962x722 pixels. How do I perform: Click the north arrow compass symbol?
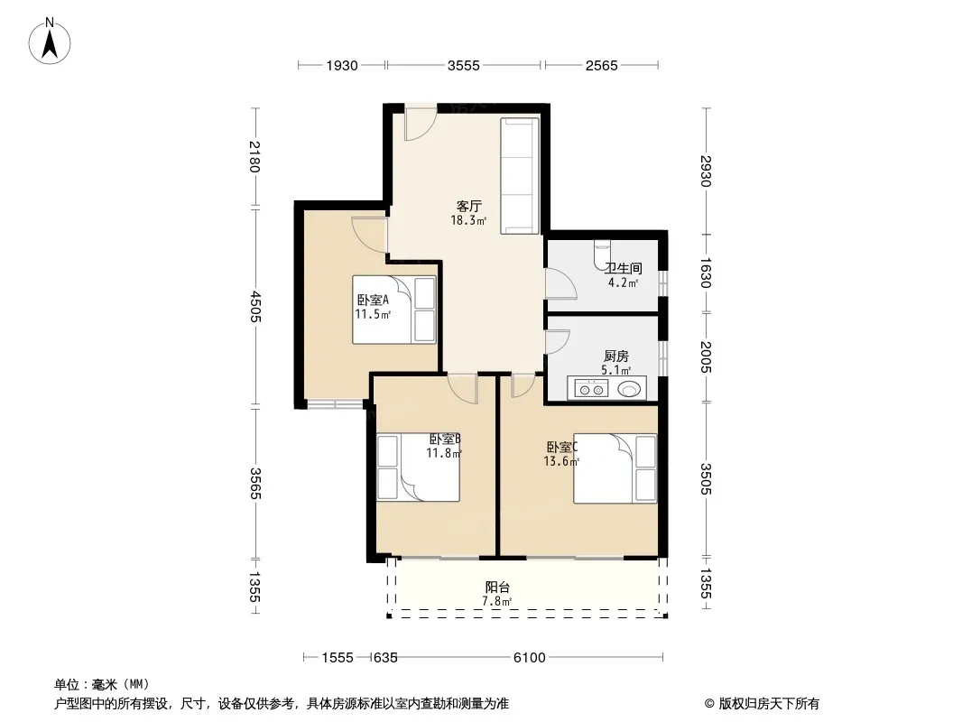tap(50, 42)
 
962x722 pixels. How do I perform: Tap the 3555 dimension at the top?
tap(463, 66)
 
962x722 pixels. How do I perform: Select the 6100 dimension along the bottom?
tap(529, 658)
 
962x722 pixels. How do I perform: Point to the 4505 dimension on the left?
tap(255, 307)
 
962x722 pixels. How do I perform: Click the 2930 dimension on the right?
tap(706, 171)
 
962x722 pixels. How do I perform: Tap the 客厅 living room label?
tap(468, 206)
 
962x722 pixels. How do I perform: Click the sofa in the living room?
tap(520, 176)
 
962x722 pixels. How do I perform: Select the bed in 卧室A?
tap(393, 310)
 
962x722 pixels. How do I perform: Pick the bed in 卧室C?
tap(615, 468)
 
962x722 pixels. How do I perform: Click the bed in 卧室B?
tap(418, 467)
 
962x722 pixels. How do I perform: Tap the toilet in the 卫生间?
tap(602, 255)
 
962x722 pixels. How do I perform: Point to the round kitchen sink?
tap(628, 389)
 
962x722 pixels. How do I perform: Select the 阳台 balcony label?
tap(497, 587)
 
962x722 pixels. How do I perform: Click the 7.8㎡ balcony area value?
tap(497, 601)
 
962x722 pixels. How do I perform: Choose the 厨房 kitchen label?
tap(616, 356)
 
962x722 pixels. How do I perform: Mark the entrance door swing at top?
tap(421, 124)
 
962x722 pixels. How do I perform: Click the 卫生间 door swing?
tap(560, 283)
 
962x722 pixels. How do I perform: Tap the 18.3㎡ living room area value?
tap(468, 220)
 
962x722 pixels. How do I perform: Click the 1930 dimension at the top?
tap(342, 66)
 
